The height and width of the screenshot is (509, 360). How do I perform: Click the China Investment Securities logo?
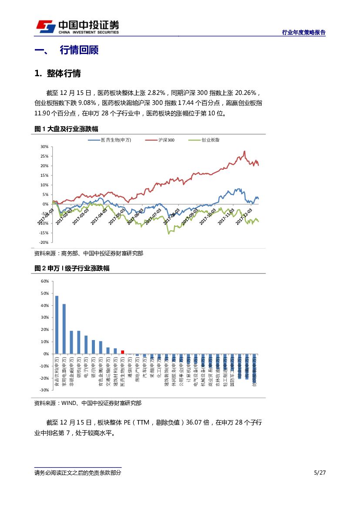point(77,27)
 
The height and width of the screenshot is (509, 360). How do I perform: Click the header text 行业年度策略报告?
point(304,32)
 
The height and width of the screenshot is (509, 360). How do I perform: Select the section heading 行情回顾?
point(79,50)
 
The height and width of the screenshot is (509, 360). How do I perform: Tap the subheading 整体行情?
point(64,73)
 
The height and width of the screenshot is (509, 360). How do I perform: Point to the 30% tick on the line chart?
point(44,147)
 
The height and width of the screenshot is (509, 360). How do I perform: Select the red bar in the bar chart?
point(123,352)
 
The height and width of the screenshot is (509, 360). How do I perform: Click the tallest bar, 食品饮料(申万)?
point(57,325)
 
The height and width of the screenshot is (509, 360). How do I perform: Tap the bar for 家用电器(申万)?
point(64,329)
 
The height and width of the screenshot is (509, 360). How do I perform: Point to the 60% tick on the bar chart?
point(44,281)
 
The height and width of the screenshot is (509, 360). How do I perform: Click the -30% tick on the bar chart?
point(44,390)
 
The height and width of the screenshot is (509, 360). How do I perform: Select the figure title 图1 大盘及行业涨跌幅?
point(66,129)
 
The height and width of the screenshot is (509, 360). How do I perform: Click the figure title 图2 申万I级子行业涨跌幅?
point(72,268)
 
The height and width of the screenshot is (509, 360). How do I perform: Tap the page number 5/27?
point(320,473)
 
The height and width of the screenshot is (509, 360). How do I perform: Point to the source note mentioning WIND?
point(87,403)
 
